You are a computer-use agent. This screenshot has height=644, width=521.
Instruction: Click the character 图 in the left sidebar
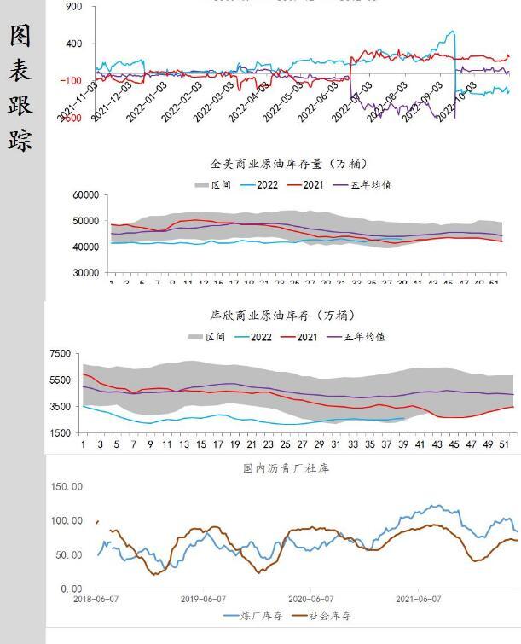coord(21,35)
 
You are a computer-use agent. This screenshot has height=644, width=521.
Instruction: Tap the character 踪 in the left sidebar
coord(21,139)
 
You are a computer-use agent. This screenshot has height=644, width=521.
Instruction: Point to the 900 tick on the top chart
coord(73,7)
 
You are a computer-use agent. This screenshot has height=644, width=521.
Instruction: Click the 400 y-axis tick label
coord(73,44)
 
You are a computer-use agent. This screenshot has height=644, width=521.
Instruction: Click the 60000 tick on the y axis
coord(86,195)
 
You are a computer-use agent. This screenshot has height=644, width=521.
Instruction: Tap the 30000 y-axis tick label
coord(86,273)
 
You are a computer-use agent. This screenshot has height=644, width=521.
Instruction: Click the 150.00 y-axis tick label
coord(66,487)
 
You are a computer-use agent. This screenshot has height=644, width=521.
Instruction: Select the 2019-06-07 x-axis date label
coord(202,600)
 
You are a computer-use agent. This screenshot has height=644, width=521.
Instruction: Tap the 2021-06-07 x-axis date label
coord(418,600)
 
